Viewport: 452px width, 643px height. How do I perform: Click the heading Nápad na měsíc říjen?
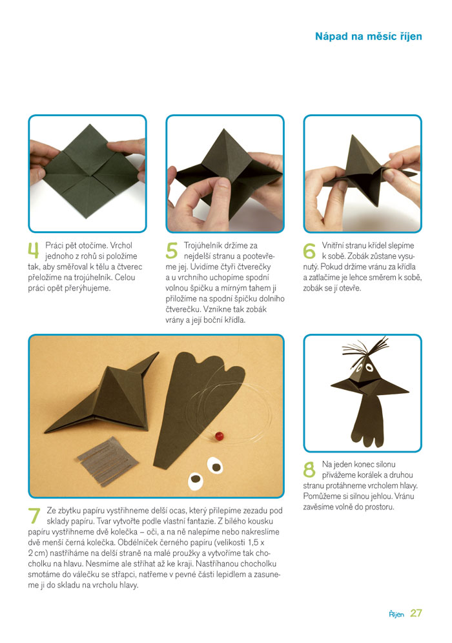coord(368,37)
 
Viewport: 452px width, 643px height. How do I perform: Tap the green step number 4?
coord(34,250)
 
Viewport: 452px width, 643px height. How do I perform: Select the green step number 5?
coord(172,250)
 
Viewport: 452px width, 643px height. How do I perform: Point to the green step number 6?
coord(309,250)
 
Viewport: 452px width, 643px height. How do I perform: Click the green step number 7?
coord(34,516)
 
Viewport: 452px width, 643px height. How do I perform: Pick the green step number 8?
coord(309,469)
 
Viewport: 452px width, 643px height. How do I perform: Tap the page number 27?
coord(416,613)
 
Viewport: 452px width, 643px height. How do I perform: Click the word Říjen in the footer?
coord(396,614)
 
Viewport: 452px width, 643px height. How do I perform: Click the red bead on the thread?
coord(219,434)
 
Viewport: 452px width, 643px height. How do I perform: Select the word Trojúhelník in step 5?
coord(204,245)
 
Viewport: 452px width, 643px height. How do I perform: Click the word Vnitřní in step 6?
coord(333,245)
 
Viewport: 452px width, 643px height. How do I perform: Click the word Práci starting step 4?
coord(54,245)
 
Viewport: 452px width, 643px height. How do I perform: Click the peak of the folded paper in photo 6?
coord(352,136)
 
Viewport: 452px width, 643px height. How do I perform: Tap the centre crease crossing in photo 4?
coord(87,177)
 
